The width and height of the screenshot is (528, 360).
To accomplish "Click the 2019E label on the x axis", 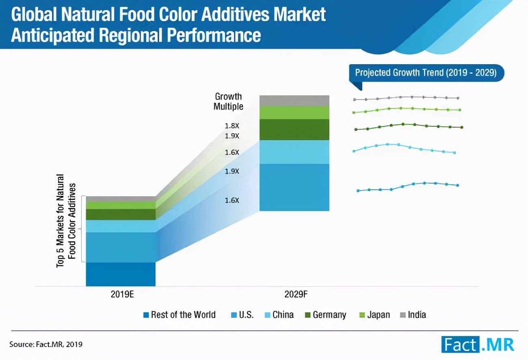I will pos(122,295).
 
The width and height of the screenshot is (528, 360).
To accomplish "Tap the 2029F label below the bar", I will pos(295,295).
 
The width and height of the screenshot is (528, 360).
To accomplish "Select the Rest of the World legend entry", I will pos(179,315).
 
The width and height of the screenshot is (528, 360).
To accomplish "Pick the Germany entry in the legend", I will pos(325,315).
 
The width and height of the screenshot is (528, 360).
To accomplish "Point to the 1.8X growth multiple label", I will pos(232,126).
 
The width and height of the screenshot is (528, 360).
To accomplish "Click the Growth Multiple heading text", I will pos(228,102).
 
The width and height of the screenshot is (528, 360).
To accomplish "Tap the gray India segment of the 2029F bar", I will pos(294,100).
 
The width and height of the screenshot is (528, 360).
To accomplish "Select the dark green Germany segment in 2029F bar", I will pos(294,129).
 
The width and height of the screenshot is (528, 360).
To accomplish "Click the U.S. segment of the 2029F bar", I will pos(294,187).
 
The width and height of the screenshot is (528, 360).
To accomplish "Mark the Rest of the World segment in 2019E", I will pos(121,274).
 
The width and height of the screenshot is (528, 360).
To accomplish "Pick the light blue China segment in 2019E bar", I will pos(121,226).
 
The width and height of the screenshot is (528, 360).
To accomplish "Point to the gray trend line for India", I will pos(406,97).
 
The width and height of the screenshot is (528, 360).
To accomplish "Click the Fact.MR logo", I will pos(478,345).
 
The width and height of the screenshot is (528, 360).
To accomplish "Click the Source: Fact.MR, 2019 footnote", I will pos(46,345).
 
